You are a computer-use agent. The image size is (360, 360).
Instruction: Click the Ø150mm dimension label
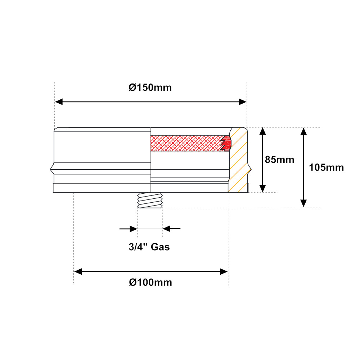(150, 88)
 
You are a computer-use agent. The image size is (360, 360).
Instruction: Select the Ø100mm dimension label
(150, 282)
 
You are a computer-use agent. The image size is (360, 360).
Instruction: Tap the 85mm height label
(279, 160)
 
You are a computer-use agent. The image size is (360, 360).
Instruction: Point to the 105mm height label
(326, 168)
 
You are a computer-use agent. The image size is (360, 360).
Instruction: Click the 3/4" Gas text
(149, 247)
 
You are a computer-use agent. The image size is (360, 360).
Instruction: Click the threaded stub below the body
(150, 201)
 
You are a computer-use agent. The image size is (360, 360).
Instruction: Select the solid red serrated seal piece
(226, 143)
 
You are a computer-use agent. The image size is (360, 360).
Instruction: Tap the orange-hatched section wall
(239, 160)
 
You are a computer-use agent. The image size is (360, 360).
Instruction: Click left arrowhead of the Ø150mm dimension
(59, 102)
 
